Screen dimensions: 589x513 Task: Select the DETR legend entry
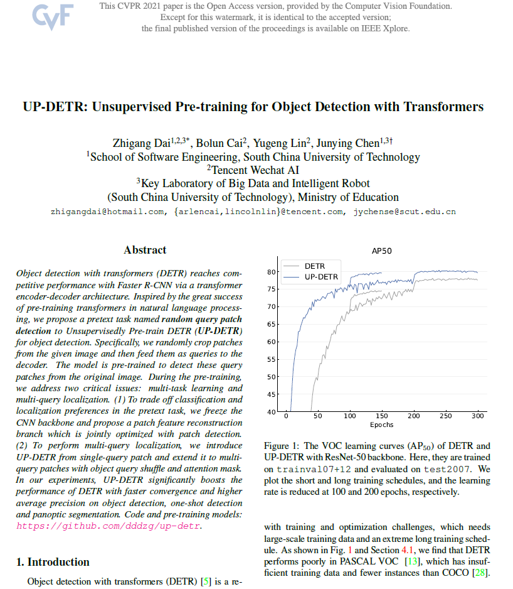(314, 266)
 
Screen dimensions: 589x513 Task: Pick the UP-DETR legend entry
(320, 276)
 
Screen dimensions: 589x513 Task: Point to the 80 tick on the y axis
(272, 272)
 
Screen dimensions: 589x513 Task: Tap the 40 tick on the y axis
(272, 412)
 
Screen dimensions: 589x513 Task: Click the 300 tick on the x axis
(478, 416)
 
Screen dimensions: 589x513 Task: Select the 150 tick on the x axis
(382, 416)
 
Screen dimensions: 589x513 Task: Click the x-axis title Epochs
(381, 425)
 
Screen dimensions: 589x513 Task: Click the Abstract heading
(145, 250)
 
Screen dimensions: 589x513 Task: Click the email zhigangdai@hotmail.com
(108, 212)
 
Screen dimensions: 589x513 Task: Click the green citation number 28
(482, 573)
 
